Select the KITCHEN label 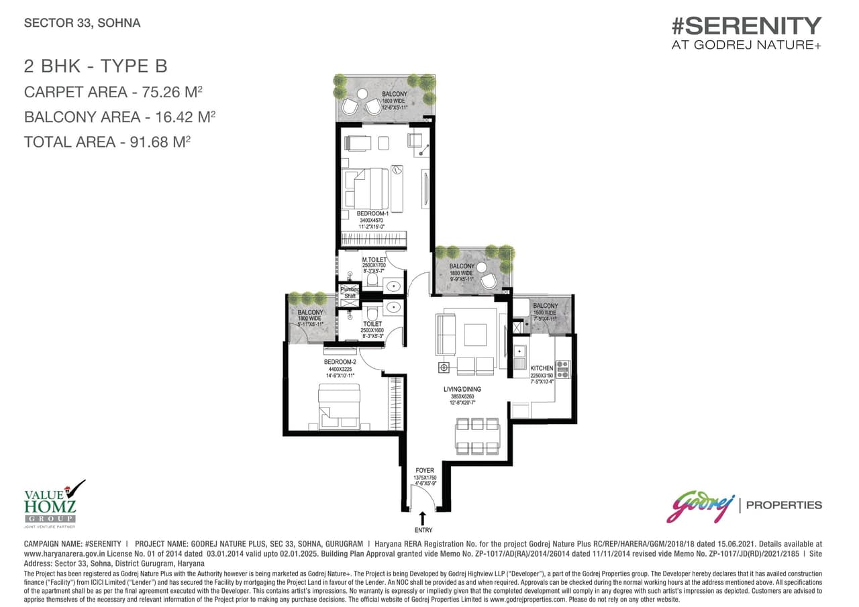(x=541, y=369)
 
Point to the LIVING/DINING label (x=462, y=389)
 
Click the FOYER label (x=425, y=470)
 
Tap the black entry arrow (x=423, y=518)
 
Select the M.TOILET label (x=374, y=260)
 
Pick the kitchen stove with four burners (x=562, y=370)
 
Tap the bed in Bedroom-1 (x=368, y=188)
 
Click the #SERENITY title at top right (x=746, y=25)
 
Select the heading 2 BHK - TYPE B (x=95, y=66)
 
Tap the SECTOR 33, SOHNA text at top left (x=82, y=23)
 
